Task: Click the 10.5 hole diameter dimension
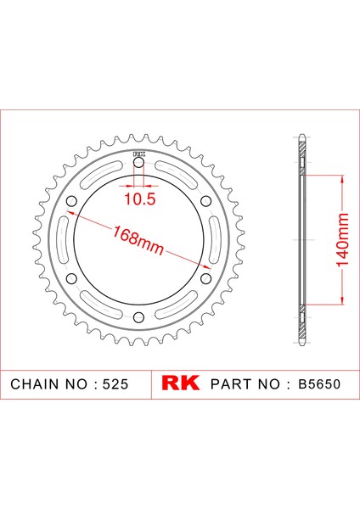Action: coord(140,199)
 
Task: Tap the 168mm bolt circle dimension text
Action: coord(138,239)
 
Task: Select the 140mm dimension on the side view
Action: coord(342,239)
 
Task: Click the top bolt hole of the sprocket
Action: coord(138,163)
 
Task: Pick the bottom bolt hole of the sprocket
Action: coord(138,317)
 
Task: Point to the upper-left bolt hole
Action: coord(71,201)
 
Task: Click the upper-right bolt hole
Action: coord(205,201)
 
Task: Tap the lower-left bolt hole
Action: coord(71,278)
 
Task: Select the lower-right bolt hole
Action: coord(205,278)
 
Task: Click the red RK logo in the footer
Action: coord(180,383)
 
